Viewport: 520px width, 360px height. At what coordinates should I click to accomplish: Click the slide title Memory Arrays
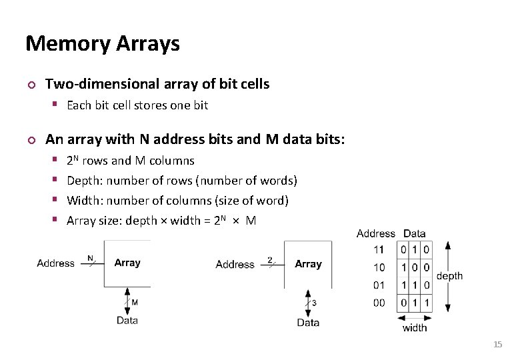tap(103, 44)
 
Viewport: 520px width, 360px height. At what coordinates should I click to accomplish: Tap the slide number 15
tap(497, 344)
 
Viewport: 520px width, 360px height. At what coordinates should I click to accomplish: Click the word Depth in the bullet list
tap(83, 181)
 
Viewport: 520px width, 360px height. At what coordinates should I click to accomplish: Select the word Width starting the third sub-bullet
tap(83, 201)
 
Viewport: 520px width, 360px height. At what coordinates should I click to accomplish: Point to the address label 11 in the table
tap(379, 249)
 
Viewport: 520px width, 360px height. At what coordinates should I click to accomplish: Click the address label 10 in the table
tap(379, 267)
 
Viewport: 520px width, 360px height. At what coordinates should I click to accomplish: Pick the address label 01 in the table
tap(379, 285)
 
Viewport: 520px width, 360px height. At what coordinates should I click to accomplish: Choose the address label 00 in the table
tap(379, 303)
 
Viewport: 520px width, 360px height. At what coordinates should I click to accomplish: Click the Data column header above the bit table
tap(415, 233)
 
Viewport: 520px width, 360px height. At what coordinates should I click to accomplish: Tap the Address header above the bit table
tap(376, 233)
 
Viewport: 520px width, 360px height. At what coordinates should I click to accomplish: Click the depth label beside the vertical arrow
tap(449, 276)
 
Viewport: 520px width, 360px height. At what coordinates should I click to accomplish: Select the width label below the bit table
tap(415, 327)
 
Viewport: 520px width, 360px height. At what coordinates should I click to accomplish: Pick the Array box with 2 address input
tap(308, 265)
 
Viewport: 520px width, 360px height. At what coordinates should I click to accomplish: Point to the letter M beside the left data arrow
tap(135, 303)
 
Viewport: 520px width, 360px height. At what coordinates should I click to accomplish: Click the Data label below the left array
tap(127, 321)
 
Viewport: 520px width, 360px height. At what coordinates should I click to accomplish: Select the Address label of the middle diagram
tap(235, 265)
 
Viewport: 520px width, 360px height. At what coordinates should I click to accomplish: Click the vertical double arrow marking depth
tap(447, 276)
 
